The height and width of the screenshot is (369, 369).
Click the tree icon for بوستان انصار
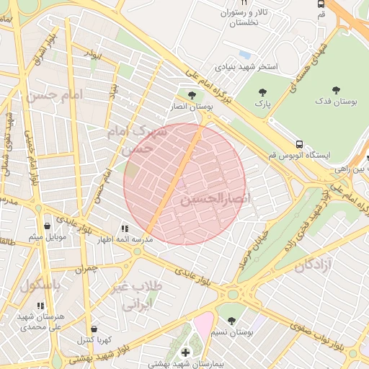[x=191, y=94]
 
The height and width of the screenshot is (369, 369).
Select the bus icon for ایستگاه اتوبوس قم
[x=299, y=143]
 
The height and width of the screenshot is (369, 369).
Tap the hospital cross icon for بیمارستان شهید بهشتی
[x=185, y=352]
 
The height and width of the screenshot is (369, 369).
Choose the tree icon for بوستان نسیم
[x=231, y=319]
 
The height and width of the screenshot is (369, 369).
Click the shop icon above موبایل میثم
[x=48, y=226]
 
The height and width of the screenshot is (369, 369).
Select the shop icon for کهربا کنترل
[x=94, y=329]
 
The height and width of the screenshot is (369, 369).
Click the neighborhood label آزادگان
[x=324, y=265]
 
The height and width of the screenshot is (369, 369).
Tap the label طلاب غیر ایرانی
[x=137, y=295]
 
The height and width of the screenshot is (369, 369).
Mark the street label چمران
[x=84, y=268]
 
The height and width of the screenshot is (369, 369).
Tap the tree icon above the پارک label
[x=261, y=92]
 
